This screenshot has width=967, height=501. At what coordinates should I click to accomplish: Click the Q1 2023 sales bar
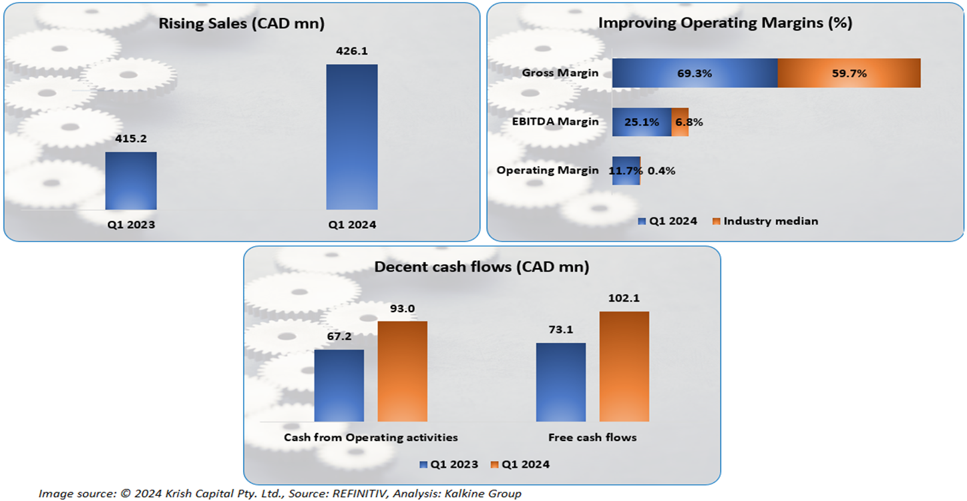(x=131, y=181)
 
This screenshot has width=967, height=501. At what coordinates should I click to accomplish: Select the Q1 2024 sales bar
(x=352, y=137)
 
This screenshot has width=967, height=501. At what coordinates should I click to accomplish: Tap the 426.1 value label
(x=352, y=51)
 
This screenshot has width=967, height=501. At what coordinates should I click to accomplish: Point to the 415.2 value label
(x=131, y=139)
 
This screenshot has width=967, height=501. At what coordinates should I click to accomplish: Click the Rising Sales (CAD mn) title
(x=241, y=25)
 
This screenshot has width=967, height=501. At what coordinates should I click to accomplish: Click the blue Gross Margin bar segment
(x=695, y=73)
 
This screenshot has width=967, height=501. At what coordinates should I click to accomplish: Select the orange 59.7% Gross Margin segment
(x=849, y=73)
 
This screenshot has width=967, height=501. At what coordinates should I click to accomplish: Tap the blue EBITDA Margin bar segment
(x=642, y=122)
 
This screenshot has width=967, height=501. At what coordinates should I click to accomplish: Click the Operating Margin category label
(x=548, y=170)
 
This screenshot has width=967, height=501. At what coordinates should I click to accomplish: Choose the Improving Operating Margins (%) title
(x=725, y=23)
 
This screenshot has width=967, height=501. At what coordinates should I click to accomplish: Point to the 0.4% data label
(x=661, y=171)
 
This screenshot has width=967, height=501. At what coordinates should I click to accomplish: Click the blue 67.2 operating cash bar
(x=339, y=386)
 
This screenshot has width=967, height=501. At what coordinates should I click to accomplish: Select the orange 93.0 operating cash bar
(x=402, y=372)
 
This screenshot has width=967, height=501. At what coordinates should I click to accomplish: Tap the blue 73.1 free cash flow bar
(x=561, y=382)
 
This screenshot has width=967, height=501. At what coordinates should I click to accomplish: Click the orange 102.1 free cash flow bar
(x=624, y=366)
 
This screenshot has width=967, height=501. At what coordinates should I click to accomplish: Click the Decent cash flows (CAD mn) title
(x=481, y=268)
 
